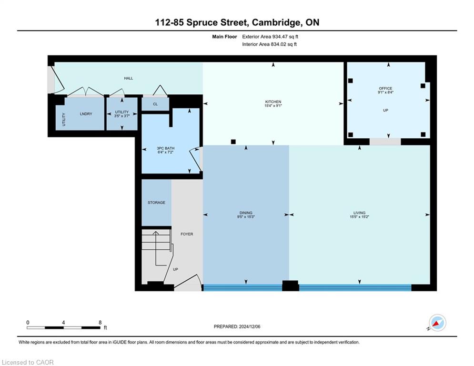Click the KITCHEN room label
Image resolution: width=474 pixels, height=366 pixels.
[273, 102]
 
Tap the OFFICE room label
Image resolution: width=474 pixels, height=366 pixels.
[385, 88]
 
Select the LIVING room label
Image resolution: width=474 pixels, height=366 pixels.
[359, 213]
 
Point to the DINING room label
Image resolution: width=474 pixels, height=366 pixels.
[246, 213]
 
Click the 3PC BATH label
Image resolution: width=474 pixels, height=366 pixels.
[165, 148]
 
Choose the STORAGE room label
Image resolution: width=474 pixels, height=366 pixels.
[156, 203]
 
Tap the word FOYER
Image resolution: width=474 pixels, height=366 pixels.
[187, 234]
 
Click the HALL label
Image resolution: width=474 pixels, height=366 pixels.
[128, 78]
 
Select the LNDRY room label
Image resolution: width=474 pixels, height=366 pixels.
[86, 114]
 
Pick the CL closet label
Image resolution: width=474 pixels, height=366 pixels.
[155, 104]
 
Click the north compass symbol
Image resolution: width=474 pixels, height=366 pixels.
[437, 323]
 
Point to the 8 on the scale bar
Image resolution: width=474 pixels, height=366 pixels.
[100, 323]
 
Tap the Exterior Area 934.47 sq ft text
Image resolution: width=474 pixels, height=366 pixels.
[270, 37]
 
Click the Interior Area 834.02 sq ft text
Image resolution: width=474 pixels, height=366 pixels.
[269, 44]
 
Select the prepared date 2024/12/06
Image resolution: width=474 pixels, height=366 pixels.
[250, 326]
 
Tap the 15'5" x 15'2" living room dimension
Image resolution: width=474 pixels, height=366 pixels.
[359, 216]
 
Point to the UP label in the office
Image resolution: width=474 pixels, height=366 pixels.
[385, 111]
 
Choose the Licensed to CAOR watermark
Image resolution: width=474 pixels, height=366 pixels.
[28, 362]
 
